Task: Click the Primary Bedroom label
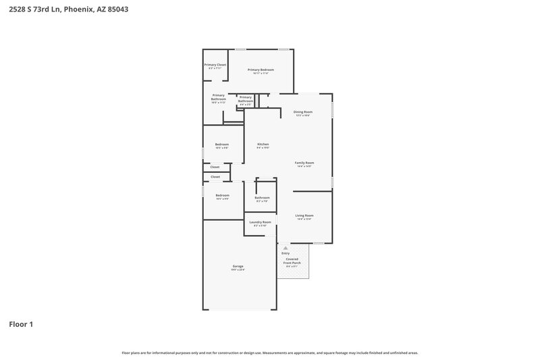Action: coord(261,70)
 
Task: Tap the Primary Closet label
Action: coord(215,65)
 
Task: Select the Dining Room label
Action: coord(302,111)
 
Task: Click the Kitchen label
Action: coord(263,145)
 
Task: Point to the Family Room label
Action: coord(304,163)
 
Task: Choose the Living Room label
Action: coord(304,215)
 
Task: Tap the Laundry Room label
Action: coord(260,222)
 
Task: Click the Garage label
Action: coord(238,266)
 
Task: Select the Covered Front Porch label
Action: coord(292,261)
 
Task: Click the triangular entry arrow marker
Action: coord(286,248)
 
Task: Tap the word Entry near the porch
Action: coord(286,253)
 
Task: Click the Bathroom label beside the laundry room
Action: coord(262,198)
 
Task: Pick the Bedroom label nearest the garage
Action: coord(222,195)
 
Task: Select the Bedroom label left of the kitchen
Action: coord(222,144)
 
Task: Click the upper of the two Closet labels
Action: coord(215,167)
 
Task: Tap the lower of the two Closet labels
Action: coord(215,177)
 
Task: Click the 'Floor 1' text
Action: coord(21,324)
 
